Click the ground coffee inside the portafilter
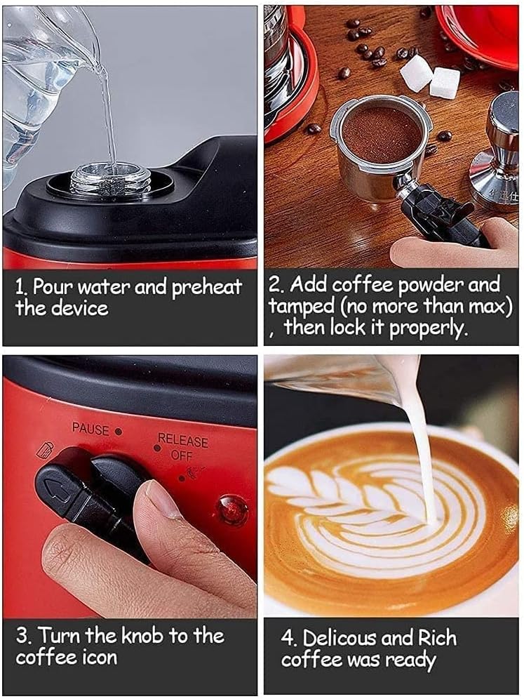point(381,133)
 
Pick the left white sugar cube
point(417,73)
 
